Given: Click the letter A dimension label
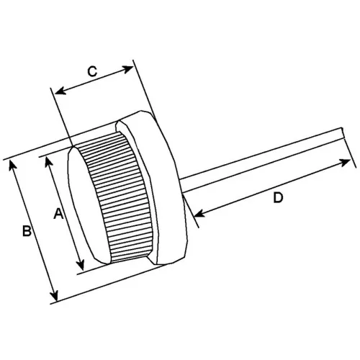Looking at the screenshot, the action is pos(58,214).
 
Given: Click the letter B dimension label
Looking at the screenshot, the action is pos(27,230).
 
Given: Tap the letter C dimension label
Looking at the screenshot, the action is pos(92,71).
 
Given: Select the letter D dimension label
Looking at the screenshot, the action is pos(279,198).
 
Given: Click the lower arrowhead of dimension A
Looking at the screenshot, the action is pos(81,264).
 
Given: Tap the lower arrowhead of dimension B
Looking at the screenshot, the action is pos(55,294).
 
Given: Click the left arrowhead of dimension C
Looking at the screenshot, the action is pos(60,91).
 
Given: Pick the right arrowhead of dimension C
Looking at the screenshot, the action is pos(127,69).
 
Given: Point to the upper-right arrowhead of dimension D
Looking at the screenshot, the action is pos(345,163).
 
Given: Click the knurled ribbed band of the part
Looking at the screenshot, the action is pos(117,197).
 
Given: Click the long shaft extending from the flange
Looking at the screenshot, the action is pos(261,160).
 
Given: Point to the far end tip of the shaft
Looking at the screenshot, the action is pos(343,133).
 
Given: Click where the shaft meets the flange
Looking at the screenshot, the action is pos(181,185).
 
